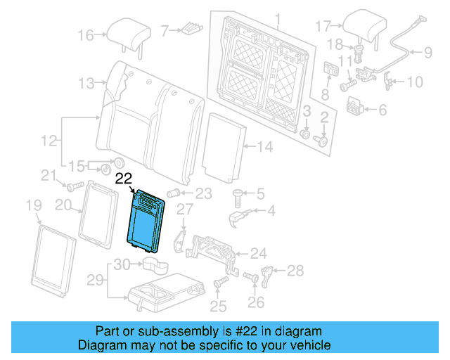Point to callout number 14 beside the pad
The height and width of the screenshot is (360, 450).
pos(264,147)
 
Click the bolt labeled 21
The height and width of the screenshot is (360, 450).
pos(73,187)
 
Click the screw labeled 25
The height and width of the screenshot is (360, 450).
pos(219,282)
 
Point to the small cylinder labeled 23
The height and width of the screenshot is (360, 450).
pos(174,193)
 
